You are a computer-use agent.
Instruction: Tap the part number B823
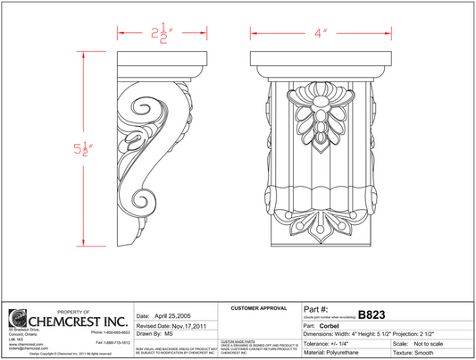372,314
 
